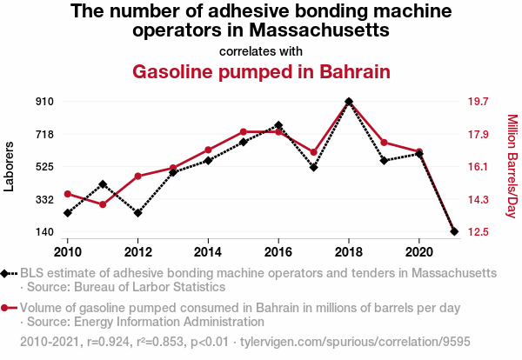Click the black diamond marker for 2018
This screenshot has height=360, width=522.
[x=349, y=102]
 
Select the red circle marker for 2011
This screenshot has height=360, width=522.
[x=103, y=204]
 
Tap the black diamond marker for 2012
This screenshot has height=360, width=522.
[x=137, y=212]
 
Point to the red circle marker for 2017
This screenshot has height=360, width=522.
[x=313, y=152]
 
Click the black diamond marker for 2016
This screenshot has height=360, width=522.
[x=278, y=125]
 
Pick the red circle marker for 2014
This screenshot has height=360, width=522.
[x=208, y=150]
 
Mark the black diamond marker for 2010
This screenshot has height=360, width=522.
[x=68, y=212]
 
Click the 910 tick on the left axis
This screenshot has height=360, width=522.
[x=45, y=102]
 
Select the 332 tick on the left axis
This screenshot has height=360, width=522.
[x=45, y=200]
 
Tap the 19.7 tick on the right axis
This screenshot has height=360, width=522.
[x=479, y=102]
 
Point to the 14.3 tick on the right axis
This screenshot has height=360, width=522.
[x=479, y=200]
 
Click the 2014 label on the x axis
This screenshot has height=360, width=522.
[x=208, y=251]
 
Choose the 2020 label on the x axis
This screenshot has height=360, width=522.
[x=419, y=251]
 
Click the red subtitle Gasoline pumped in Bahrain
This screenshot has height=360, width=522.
[x=261, y=70]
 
